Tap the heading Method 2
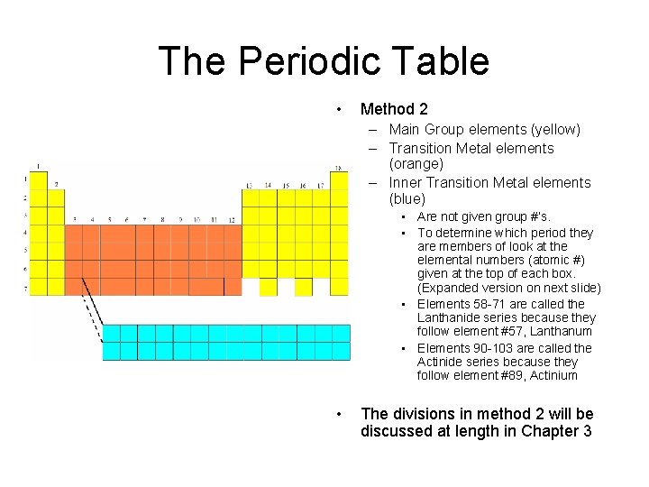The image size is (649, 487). coord(394,109)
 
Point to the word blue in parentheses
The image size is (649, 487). coord(407,198)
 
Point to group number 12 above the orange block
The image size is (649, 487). coord(232,219)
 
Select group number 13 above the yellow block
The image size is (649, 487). coord(250,186)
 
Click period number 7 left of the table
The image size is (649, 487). coord(24,288)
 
